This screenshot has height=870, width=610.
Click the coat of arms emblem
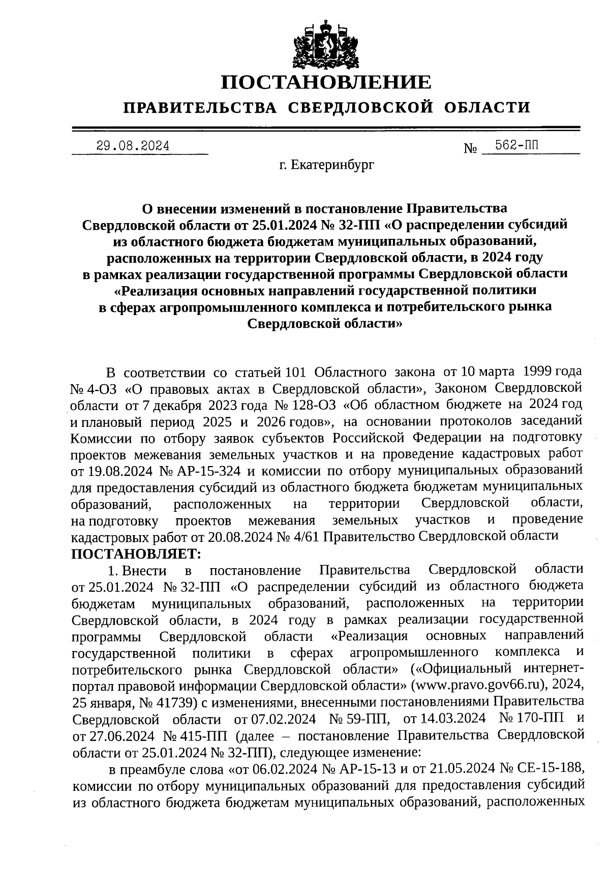click(x=325, y=44)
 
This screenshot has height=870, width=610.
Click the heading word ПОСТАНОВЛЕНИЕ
click(x=326, y=82)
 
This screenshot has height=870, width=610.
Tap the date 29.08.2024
click(x=133, y=146)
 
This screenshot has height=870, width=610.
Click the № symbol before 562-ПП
click(x=470, y=149)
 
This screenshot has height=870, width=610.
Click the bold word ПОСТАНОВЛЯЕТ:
click(x=136, y=552)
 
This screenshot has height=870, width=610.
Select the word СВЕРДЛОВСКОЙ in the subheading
click(x=360, y=108)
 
